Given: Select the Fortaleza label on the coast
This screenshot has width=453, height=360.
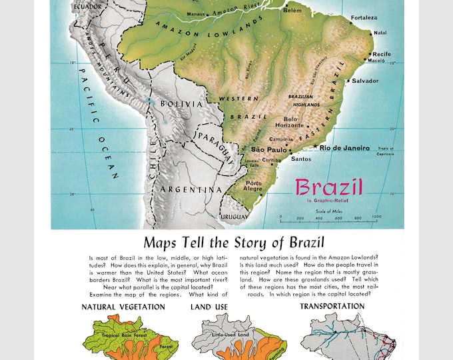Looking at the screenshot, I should (x=364, y=18).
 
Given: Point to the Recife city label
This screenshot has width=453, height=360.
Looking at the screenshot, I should (x=382, y=53).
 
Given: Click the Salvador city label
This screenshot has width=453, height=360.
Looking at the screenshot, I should (x=365, y=81).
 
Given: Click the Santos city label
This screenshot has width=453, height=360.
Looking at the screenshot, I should (x=301, y=159).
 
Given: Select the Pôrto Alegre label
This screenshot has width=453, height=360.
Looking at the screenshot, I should (x=254, y=185).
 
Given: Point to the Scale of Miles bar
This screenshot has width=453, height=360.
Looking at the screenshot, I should (x=329, y=216).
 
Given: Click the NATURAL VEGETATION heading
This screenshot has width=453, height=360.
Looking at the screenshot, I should (x=123, y=307).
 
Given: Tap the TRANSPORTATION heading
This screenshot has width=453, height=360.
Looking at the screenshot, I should (x=332, y=306).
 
